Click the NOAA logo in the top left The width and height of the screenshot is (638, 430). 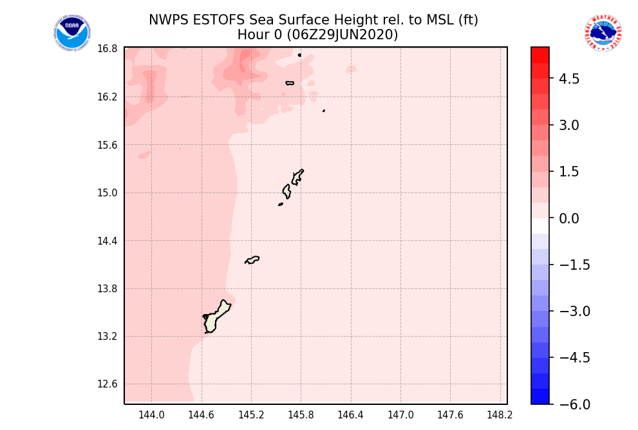72,33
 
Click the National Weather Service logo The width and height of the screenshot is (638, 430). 603,33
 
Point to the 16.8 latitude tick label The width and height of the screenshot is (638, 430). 107,49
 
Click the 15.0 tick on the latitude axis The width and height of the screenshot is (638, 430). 107,193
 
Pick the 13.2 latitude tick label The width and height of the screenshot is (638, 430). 107,337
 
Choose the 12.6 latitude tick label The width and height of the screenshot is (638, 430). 107,384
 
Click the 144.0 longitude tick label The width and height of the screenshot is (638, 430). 151,415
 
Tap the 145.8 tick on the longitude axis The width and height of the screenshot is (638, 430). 301,415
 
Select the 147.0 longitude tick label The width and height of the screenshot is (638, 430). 400,415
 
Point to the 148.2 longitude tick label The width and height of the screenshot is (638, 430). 500,415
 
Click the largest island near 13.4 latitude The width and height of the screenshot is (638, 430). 216,317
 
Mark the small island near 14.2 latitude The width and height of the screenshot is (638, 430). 252,259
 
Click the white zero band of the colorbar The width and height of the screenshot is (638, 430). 540,226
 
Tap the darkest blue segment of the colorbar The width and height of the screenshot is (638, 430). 540,397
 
